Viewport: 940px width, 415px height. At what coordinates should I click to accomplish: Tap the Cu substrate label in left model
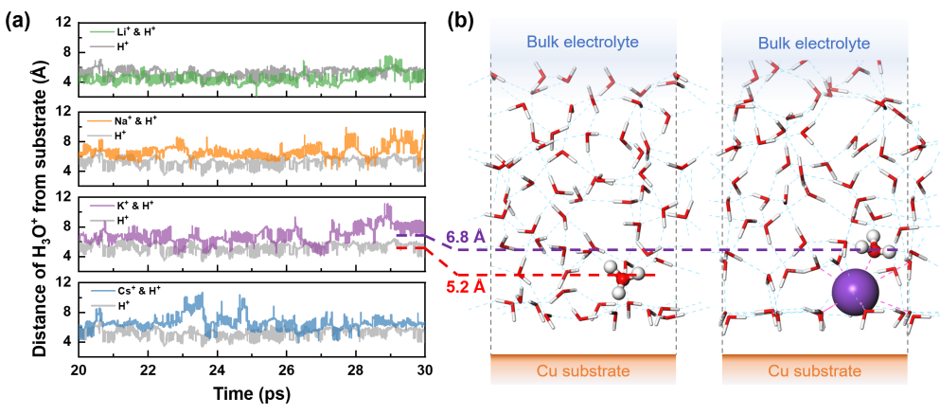pyautogui.click(x=583, y=370)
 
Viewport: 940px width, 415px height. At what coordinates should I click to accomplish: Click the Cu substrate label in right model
pyautogui.click(x=814, y=370)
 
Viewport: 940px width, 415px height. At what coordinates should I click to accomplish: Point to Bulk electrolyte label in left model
pyautogui.click(x=583, y=44)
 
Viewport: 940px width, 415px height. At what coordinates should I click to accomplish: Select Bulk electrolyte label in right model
pyautogui.click(x=814, y=44)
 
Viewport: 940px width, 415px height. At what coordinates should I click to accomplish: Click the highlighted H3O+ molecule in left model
pyautogui.click(x=624, y=280)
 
